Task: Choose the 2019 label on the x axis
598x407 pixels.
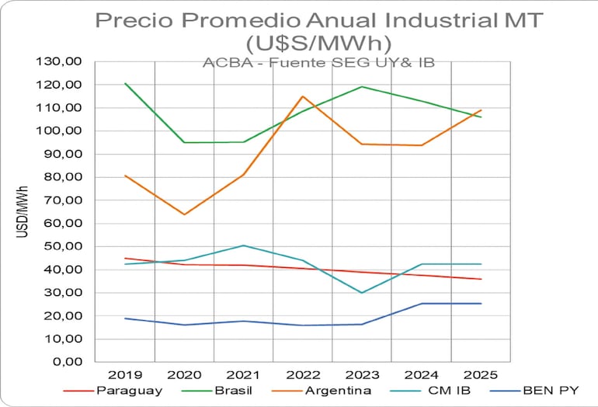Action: pos(124,374)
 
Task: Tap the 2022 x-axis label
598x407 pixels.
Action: pos(302,374)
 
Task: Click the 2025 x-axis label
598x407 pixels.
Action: pos(480,374)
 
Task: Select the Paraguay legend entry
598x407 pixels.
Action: pos(129,389)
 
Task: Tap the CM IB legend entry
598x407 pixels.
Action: pos(449,389)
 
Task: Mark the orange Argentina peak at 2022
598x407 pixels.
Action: pos(302,96)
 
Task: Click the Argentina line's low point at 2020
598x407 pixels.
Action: pos(184,214)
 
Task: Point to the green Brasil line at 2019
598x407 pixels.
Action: pos(125,83)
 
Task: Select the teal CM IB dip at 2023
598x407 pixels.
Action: pos(362,293)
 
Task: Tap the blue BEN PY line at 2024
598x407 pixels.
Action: pos(422,304)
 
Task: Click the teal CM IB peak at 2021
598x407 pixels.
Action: pos(243,245)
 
